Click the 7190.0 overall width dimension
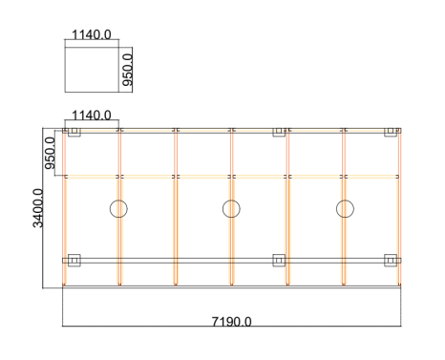pos(231,322)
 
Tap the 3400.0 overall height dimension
pos(38,208)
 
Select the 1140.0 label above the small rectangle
pos(92,34)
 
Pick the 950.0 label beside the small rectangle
pos(127,70)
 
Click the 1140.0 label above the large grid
pos(92,115)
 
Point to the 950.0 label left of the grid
pos(50,153)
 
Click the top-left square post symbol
pos(74,131)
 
